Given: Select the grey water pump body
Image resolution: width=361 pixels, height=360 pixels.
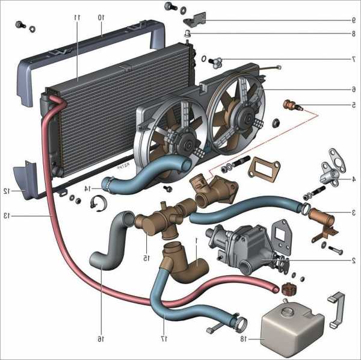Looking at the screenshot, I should click(x=241, y=244).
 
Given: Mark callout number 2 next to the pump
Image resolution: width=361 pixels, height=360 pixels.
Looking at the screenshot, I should click(x=354, y=261).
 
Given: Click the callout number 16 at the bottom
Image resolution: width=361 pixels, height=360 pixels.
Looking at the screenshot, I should click(x=100, y=340).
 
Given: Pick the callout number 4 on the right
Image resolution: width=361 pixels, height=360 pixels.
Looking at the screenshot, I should click(x=354, y=179).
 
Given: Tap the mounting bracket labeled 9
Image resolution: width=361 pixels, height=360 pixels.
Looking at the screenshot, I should click(x=197, y=19).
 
